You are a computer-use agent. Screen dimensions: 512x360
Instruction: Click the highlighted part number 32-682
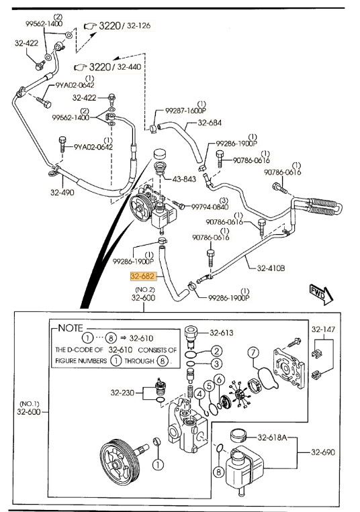[143, 275]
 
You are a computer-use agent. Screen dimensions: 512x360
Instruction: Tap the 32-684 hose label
[210, 123]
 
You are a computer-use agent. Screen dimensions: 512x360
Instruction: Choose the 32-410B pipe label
[271, 267]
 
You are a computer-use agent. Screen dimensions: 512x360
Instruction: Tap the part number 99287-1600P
[177, 111]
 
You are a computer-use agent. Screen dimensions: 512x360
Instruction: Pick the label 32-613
[222, 332]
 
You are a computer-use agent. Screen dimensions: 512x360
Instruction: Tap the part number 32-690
[323, 452]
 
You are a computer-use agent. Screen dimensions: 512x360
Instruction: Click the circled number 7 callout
[253, 352]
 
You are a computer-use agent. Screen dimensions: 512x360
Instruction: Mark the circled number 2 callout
[216, 350]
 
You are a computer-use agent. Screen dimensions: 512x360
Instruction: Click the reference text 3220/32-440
[114, 67]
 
